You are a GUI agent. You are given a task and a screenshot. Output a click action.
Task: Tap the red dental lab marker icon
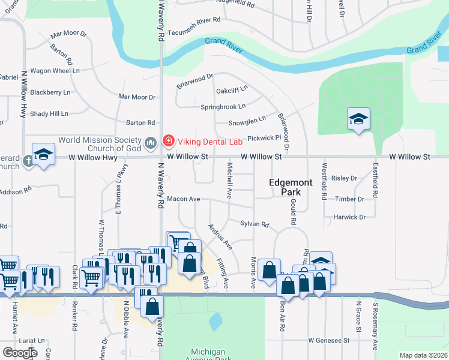[169, 142]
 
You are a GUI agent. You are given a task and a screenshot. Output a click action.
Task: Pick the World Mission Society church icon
[150, 142]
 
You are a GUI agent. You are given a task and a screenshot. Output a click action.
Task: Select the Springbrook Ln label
[223, 107]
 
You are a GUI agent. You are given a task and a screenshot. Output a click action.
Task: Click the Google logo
[20, 352]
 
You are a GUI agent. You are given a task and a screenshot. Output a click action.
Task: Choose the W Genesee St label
[329, 340]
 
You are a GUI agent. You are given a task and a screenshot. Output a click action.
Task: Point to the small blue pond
[214, 321]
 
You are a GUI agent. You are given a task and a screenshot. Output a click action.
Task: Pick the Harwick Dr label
[350, 217]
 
